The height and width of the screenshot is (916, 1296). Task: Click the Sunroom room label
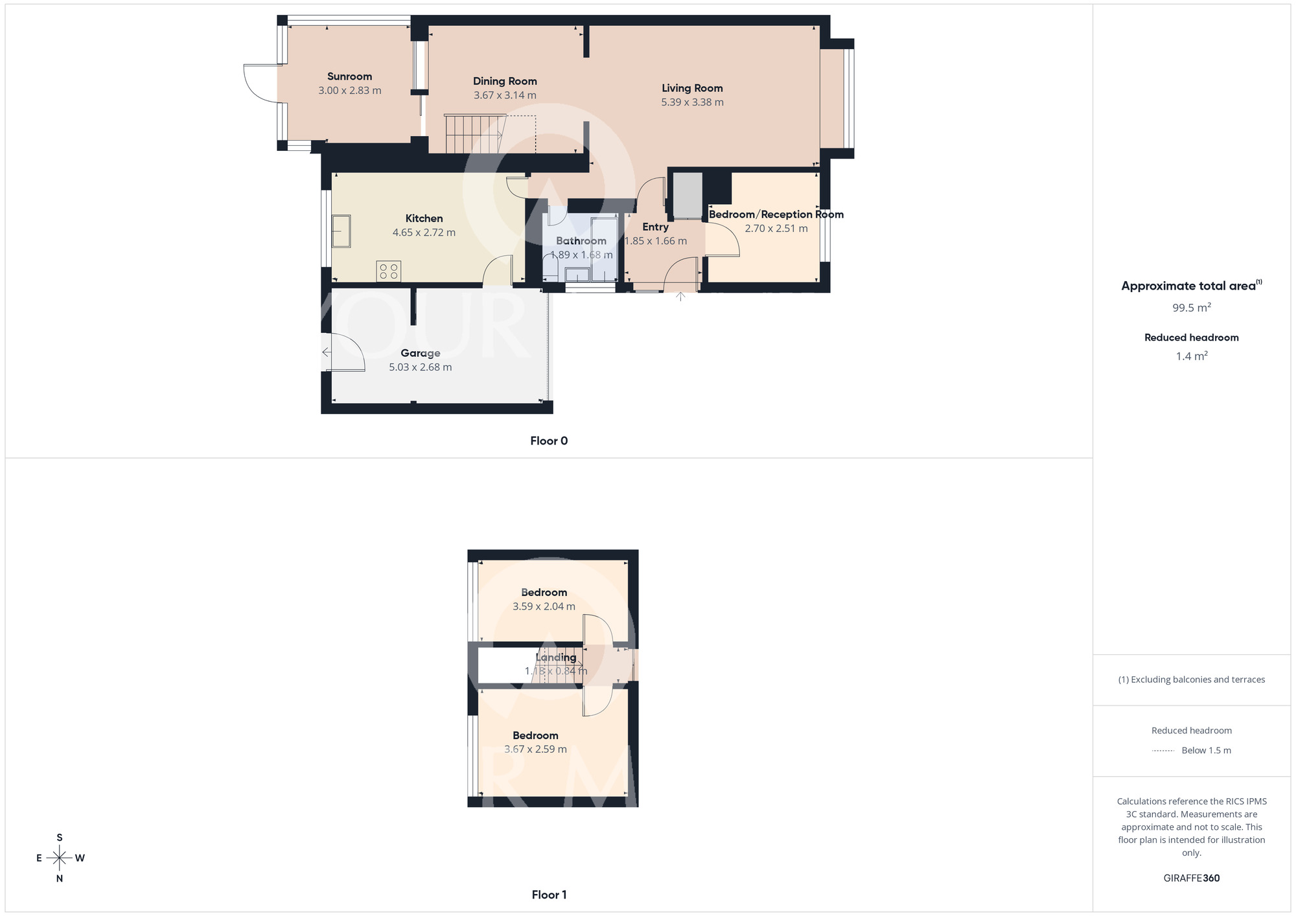coord(349,76)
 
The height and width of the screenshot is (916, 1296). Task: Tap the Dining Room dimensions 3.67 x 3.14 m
coord(505,95)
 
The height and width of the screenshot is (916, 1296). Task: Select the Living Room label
coord(692,88)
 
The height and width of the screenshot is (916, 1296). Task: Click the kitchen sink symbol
coord(341,231)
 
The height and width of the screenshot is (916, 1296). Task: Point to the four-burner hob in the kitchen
coord(389,271)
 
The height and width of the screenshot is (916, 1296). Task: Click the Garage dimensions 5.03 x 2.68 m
coord(421,367)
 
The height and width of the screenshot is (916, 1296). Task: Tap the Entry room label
coord(655,227)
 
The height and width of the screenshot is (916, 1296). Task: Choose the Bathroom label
coord(581,241)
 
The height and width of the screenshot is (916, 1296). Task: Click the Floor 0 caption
coord(549,441)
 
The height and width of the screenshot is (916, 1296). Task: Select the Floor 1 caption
coord(549,895)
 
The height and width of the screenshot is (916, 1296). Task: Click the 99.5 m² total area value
coord(1192,308)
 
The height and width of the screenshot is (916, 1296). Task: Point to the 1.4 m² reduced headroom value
coord(1192,356)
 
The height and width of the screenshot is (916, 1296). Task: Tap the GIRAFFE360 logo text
coord(1192,878)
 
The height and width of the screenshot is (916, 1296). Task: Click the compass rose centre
coord(60,858)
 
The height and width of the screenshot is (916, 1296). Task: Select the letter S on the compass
coord(60,838)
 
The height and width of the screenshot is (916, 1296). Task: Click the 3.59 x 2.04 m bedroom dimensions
coord(544,607)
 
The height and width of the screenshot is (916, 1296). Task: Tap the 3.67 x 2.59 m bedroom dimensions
coord(535,750)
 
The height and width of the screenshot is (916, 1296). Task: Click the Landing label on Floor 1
coord(556,658)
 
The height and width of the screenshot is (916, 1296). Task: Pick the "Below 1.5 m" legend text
coord(1206,751)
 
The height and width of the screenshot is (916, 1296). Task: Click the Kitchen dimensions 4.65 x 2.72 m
coord(424,233)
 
